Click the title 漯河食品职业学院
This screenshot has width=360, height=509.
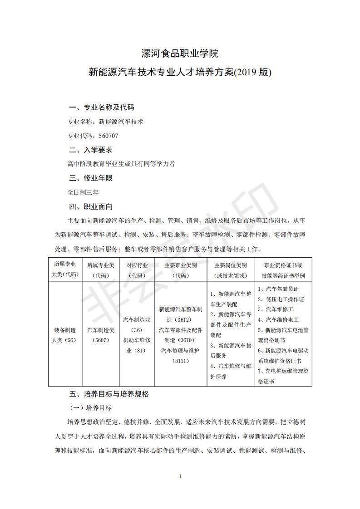pos(180,54)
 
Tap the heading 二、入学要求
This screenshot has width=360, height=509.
pos(90,150)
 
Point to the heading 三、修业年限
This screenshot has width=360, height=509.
pos(90,178)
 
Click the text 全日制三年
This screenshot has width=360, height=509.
pos(80,192)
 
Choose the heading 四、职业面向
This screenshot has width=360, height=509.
pos(90,206)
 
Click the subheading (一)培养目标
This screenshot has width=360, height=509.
pos(90,408)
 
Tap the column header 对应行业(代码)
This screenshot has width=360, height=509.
pos(137,270)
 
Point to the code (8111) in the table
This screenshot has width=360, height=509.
pos(180,361)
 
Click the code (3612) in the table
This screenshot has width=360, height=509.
pos(180,319)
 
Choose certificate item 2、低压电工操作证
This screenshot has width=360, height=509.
pos(281,299)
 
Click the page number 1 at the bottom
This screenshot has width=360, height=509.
pos(180,476)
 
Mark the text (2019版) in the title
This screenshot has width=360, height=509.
pos(252,72)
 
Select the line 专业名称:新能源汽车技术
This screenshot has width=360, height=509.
pos(105,122)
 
